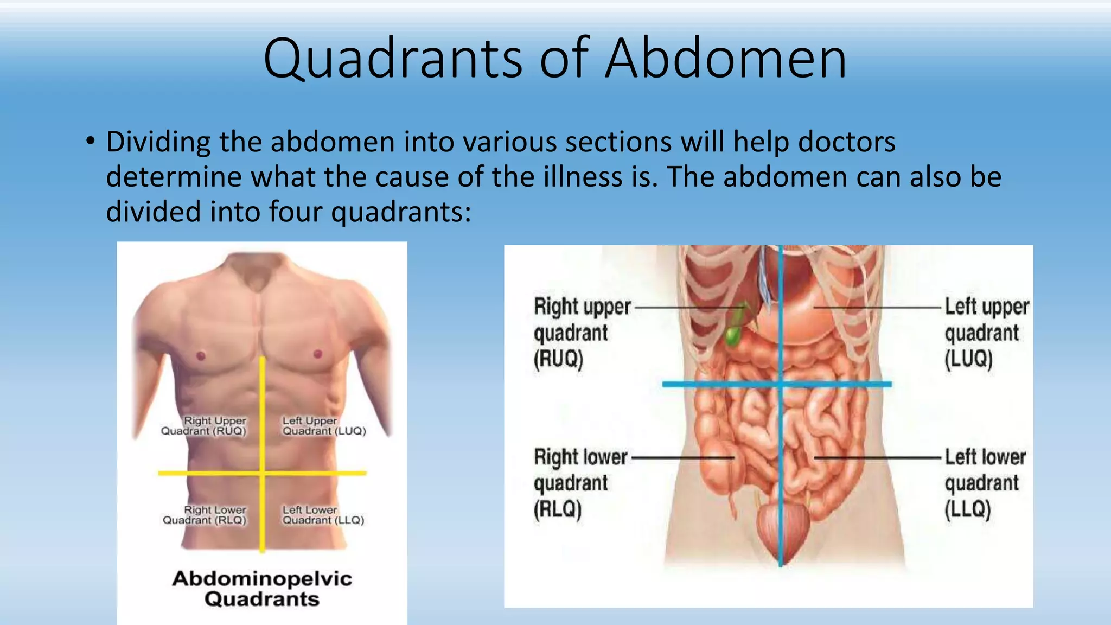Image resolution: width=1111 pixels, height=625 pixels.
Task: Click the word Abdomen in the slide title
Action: (x=726, y=59)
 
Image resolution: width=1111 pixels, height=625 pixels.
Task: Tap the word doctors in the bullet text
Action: (x=846, y=142)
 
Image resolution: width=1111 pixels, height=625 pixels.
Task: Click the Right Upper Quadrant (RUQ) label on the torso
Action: (x=204, y=426)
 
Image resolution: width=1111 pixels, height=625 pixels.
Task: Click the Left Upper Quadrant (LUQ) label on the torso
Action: (x=324, y=426)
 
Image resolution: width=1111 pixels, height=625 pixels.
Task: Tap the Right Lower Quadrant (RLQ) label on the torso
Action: (x=205, y=515)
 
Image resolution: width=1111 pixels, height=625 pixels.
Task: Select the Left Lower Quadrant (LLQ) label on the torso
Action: (x=323, y=515)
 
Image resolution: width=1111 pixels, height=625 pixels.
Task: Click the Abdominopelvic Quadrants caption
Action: (x=262, y=589)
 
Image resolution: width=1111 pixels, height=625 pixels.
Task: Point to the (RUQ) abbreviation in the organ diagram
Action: (x=558, y=359)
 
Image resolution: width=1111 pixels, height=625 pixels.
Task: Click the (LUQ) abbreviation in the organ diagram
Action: (x=968, y=359)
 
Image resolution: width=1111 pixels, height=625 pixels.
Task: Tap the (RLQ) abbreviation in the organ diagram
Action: (x=558, y=509)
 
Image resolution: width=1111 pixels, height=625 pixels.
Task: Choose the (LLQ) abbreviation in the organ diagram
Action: (x=968, y=509)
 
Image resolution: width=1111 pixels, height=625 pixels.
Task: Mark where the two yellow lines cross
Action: (x=263, y=473)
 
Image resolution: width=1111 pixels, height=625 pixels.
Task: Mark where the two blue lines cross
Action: (x=781, y=384)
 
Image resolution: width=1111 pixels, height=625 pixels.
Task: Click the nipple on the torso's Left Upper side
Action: (x=318, y=354)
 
